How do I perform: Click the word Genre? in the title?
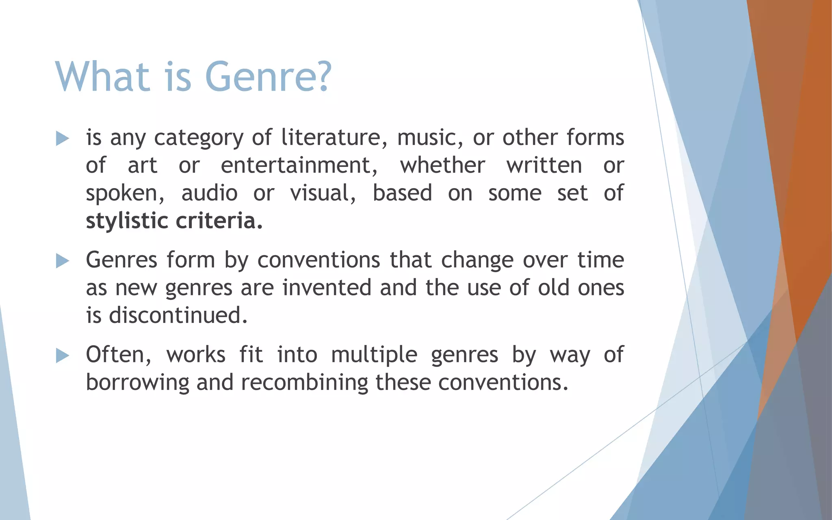(268, 76)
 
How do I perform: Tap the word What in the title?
(103, 76)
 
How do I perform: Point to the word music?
(430, 137)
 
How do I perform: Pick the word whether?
(442, 165)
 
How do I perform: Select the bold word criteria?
(219, 221)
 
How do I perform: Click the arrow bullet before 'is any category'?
(62, 139)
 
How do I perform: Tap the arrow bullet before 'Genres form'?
(62, 261)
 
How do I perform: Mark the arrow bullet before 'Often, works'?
(62, 356)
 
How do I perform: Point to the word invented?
(327, 288)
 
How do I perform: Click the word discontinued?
(178, 315)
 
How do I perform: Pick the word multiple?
(374, 355)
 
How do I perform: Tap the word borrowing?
(137, 383)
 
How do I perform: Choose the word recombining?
(304, 382)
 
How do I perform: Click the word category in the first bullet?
(198, 138)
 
